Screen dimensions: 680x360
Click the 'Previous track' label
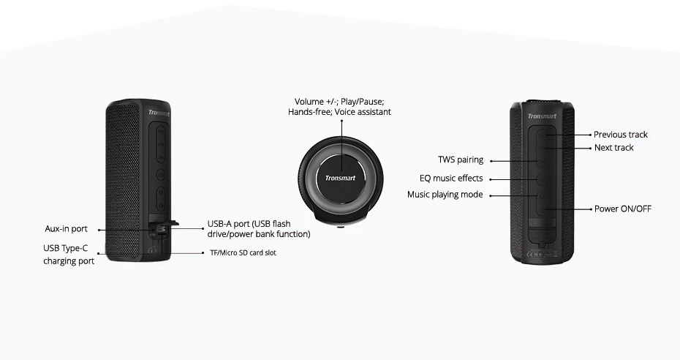tap(620, 135)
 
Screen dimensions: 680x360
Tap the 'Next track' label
tap(613, 148)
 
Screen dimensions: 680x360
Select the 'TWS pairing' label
tap(460, 160)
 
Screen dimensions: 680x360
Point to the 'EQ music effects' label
tap(450, 178)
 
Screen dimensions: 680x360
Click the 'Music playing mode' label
tap(445, 195)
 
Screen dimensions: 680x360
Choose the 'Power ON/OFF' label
tap(622, 209)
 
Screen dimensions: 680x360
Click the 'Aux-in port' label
tap(66, 230)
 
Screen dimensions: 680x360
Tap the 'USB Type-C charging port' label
tap(69, 255)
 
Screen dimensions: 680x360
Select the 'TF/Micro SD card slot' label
tap(243, 253)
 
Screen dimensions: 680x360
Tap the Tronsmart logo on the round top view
tap(339, 178)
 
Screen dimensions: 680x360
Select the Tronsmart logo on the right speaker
tap(542, 116)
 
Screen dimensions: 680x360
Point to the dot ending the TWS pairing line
tap(491, 161)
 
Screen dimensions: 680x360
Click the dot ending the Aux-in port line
tap(98, 230)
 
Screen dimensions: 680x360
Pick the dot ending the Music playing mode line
tap(491, 195)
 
